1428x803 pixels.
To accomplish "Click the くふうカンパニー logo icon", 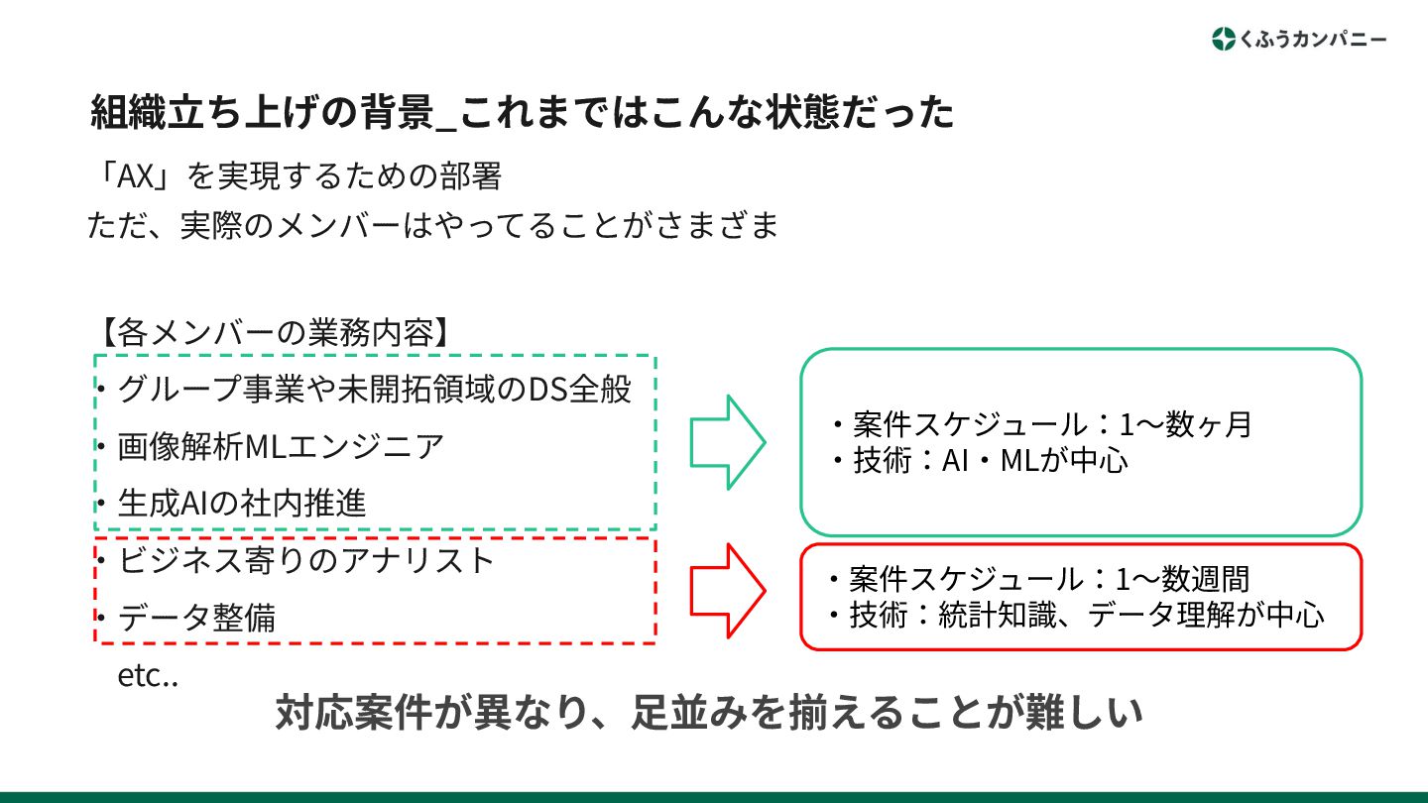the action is point(1224,40).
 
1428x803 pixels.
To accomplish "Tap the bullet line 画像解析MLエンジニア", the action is point(281,446).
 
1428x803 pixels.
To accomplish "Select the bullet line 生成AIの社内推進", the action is point(242,503).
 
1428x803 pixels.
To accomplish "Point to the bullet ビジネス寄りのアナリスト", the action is point(305,560).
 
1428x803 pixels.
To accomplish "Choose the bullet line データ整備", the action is point(196,618).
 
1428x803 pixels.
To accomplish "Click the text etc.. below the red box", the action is point(148,678).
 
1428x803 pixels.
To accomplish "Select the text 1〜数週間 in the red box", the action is point(1182,579).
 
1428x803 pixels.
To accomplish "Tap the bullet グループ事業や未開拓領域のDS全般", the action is point(374,389).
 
